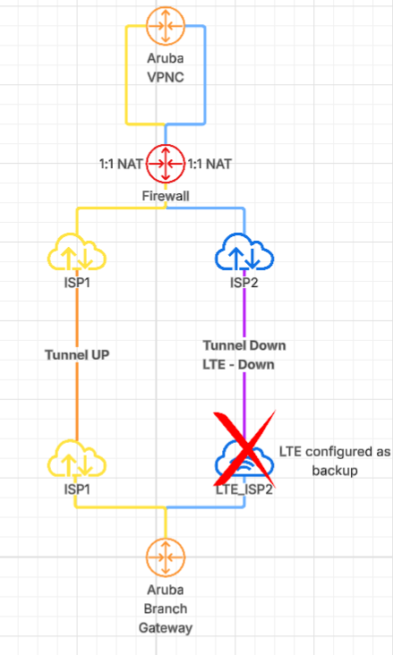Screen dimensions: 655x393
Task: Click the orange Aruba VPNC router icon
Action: [166, 27]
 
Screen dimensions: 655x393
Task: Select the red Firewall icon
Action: [166, 166]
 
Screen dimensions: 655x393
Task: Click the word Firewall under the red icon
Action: [166, 194]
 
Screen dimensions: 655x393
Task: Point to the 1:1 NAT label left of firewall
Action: [120, 166]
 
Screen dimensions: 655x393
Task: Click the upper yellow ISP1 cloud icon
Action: [76, 255]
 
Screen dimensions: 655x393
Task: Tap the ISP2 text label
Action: [244, 284]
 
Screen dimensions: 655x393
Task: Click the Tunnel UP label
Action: [76, 354]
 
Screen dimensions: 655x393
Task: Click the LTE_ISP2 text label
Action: [243, 489]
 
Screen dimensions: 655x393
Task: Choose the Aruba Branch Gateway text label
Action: [166, 608]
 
